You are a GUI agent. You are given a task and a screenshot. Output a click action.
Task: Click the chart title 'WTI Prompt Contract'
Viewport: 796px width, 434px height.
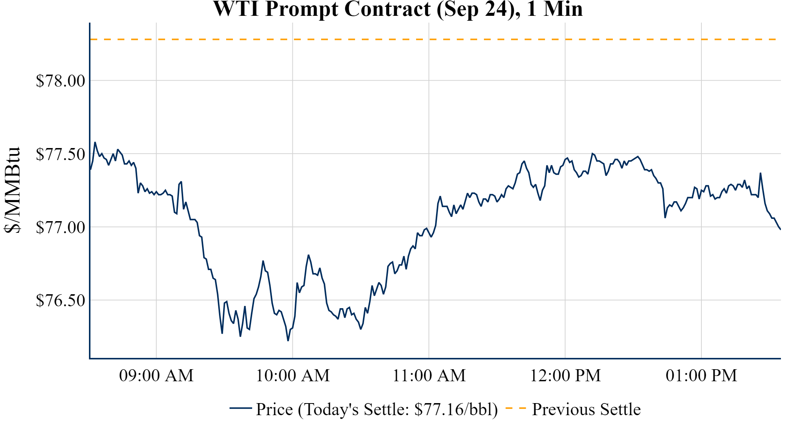tap(321, 9)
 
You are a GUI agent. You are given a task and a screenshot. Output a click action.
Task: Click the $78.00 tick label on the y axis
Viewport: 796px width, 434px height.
tap(61, 81)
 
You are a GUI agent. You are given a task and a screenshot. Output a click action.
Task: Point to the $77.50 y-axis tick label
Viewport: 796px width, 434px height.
tap(61, 154)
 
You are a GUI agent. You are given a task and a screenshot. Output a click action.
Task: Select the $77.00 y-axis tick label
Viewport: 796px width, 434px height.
tap(61, 227)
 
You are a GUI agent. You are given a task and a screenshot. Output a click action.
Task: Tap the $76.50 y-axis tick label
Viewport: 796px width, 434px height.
tap(61, 300)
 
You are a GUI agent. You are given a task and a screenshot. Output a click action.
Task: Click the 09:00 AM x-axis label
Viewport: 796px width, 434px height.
tap(156, 376)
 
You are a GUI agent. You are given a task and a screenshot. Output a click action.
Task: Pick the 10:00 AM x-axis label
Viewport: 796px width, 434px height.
tap(293, 376)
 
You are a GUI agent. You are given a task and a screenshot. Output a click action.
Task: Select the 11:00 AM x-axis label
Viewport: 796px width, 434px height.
tap(429, 376)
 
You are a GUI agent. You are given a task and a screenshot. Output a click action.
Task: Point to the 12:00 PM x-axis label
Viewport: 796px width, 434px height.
tap(565, 376)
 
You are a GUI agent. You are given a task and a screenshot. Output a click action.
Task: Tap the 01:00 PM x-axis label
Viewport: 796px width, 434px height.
tap(701, 376)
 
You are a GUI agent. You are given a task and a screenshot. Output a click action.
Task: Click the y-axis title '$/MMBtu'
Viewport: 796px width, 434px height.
tap(12, 190)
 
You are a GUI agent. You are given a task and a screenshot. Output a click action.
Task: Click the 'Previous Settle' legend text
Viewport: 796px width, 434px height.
tap(586, 410)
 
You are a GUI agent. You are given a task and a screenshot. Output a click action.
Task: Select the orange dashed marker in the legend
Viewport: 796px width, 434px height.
tap(516, 408)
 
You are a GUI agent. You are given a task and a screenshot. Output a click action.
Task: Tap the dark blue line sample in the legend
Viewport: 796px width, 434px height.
tap(240, 408)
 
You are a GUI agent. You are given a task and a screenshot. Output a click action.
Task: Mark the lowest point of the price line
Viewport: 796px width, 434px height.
tap(288, 341)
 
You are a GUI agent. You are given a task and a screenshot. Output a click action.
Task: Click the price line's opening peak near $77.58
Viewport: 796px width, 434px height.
tap(95, 142)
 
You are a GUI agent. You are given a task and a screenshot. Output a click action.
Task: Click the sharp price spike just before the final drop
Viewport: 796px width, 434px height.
tap(761, 173)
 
